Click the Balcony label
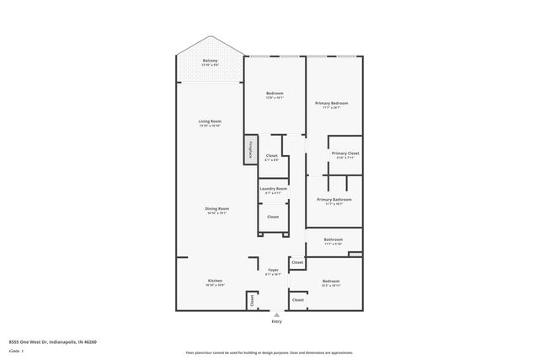[210, 61]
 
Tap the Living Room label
[210, 122]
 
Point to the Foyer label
[273, 270]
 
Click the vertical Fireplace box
[250, 149]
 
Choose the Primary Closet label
[346, 153]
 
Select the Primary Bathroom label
[334, 200]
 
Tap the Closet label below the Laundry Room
[273, 217]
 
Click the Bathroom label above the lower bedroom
[333, 240]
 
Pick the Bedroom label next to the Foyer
[330, 282]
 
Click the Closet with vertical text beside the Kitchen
[251, 299]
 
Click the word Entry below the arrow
[277, 321]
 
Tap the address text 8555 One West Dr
[52, 342]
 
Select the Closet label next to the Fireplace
[271, 156]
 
